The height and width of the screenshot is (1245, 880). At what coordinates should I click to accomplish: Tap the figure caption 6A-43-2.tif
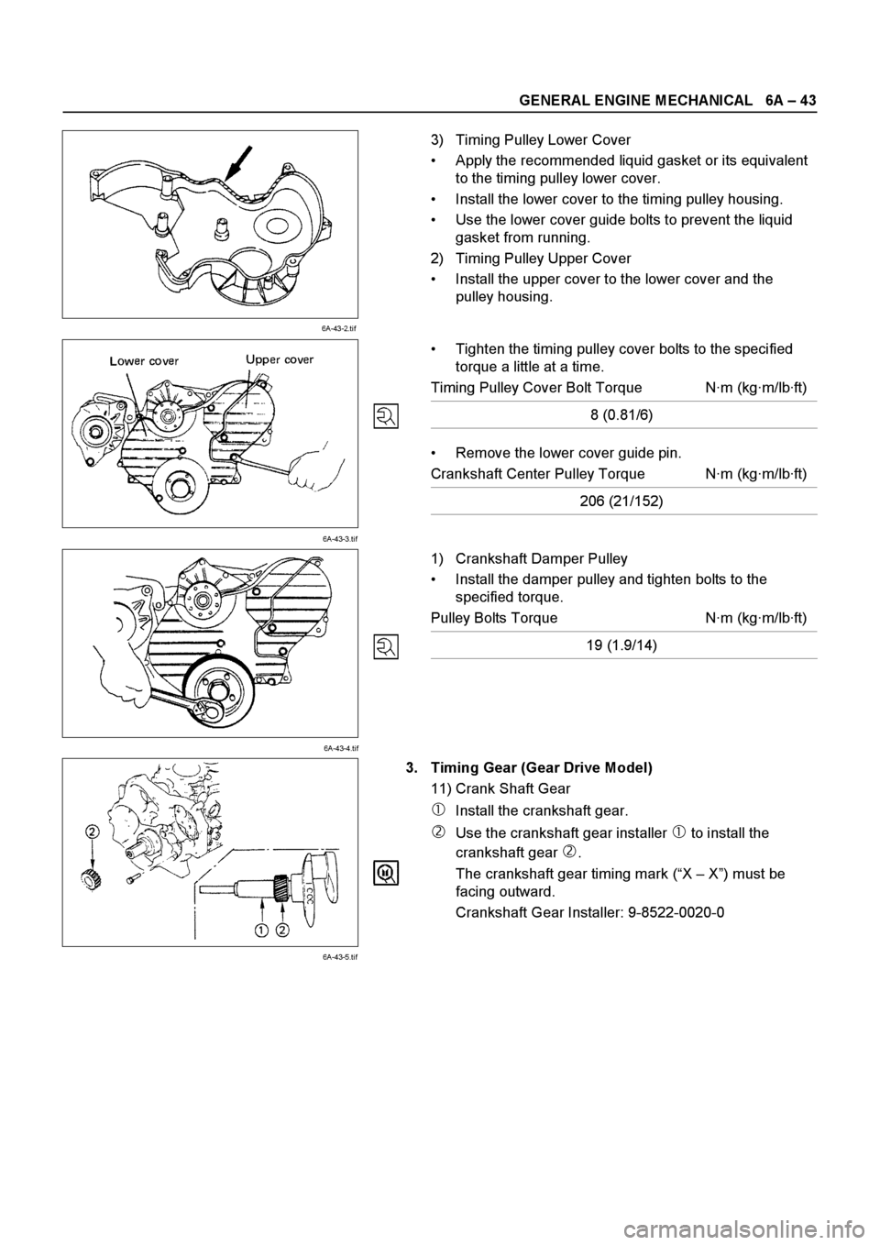[x=338, y=326]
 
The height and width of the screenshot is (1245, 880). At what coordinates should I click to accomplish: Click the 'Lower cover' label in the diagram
[x=144, y=360]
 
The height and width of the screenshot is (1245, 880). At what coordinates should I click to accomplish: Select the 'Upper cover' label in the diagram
[x=280, y=359]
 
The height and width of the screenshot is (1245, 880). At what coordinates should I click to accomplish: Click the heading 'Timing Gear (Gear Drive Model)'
[x=541, y=766]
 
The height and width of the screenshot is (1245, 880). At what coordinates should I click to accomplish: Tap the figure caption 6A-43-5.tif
[x=338, y=955]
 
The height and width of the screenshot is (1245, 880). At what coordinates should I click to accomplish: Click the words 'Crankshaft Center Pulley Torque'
[x=537, y=474]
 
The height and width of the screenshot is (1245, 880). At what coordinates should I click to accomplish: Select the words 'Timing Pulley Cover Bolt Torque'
[x=536, y=388]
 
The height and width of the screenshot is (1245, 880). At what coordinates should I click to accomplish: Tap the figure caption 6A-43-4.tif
[x=338, y=747]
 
